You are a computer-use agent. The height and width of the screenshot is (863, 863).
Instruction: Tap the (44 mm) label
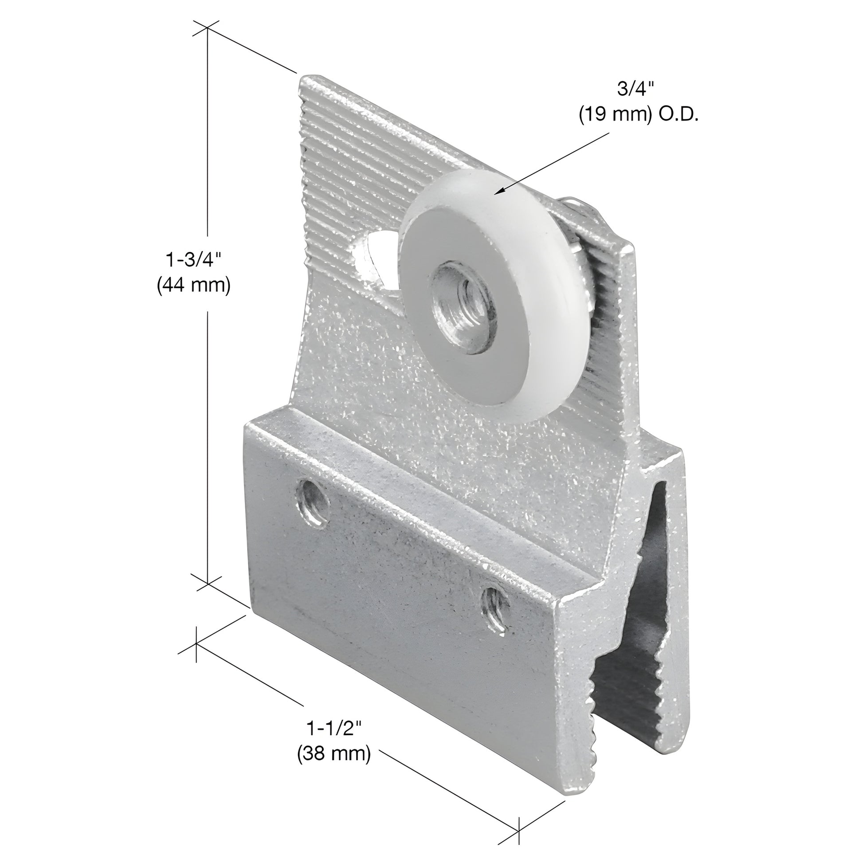coord(193,286)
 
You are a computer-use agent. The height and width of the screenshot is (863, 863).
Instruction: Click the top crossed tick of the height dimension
coord(207,28)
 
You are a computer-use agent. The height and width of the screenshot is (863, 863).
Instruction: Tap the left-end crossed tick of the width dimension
coord(196,643)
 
